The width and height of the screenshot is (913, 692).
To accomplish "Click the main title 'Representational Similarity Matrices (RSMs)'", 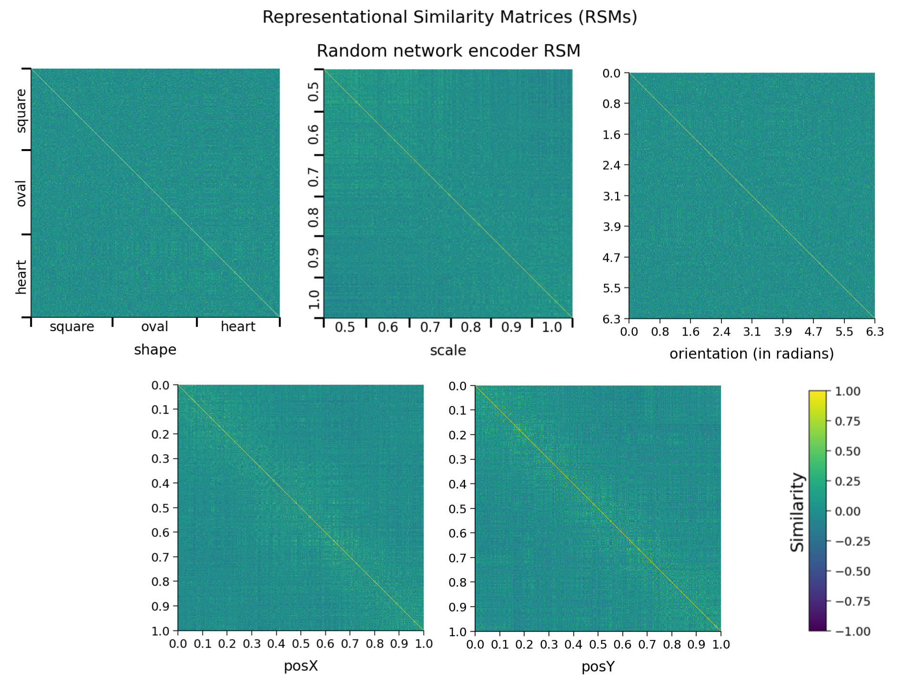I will tap(449, 17).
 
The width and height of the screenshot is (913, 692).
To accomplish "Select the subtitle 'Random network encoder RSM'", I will tap(448, 51).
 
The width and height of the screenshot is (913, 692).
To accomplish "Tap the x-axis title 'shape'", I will tap(155, 350).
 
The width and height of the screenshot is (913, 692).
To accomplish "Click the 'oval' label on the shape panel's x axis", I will tap(154, 327).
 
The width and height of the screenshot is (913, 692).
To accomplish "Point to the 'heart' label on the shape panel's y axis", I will tap(21, 277).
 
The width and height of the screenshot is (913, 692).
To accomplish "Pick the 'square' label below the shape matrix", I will tap(72, 327).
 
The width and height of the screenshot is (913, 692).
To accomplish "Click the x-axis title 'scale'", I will tap(448, 351).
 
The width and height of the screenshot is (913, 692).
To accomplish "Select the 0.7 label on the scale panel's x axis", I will tap(430, 327).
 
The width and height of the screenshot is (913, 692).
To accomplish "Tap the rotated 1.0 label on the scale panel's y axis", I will tap(314, 299).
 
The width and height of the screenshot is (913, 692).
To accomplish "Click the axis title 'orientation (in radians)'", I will tap(751, 354).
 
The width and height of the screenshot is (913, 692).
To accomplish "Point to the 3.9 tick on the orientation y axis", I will tap(612, 226).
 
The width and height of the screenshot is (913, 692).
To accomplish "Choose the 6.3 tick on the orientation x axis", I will tap(874, 332).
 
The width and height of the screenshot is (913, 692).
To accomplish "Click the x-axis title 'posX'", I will tap(301, 666).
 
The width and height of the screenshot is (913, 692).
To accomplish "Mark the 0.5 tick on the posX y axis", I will tap(161, 508).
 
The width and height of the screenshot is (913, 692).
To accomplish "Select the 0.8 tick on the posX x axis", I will tap(375, 644).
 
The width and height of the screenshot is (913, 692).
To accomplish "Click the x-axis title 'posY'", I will tap(598, 667).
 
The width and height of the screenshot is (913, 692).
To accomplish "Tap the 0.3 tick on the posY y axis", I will tap(458, 459).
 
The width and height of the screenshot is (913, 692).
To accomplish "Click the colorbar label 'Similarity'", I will tap(797, 512).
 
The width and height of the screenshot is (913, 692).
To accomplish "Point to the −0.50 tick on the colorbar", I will tap(852, 571).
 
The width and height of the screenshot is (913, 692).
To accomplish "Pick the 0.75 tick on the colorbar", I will tap(848, 421).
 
